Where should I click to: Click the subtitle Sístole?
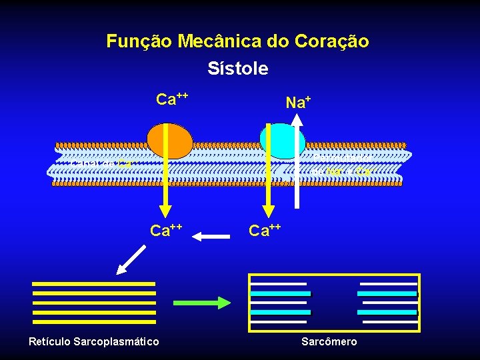click(238, 69)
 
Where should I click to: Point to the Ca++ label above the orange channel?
click(171, 100)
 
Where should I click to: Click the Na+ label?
click(298, 102)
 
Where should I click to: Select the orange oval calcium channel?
click(170, 141)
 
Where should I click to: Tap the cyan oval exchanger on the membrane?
click(281, 140)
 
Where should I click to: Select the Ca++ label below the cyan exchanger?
click(265, 231)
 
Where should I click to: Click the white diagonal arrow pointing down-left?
click(131, 259)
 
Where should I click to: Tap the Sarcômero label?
click(329, 341)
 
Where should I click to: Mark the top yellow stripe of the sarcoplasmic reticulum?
click(94, 283)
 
